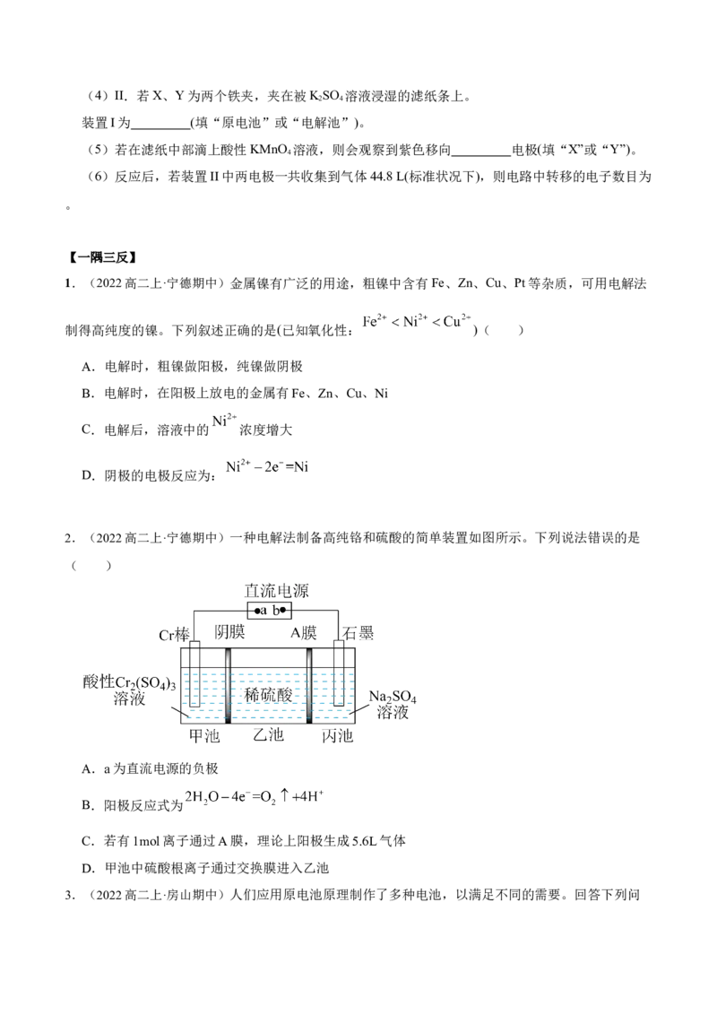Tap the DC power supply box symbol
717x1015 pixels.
[269, 612]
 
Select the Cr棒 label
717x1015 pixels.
[174, 636]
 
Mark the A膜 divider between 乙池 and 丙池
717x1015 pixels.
[310, 686]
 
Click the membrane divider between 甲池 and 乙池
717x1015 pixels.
[229, 686]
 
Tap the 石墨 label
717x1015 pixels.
[360, 636]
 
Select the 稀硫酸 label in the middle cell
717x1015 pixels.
[269, 696]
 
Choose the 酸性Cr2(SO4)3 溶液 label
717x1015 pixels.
[125, 690]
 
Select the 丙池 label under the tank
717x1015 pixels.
[338, 737]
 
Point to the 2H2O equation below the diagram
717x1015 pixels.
[255, 796]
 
